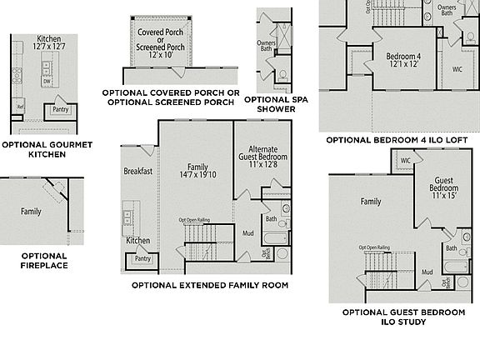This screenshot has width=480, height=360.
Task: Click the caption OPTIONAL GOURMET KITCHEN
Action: [x=47, y=149]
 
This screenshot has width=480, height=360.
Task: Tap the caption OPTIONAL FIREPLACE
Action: [x=45, y=261]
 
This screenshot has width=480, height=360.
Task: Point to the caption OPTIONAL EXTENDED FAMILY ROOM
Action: [x=210, y=285]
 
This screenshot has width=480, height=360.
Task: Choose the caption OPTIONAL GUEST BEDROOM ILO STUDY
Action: [x=403, y=317]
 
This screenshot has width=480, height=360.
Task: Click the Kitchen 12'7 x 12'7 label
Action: [x=49, y=43]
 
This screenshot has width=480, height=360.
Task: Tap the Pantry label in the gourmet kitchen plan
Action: [x=60, y=109]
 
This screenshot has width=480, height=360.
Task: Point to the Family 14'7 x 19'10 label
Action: [x=197, y=170]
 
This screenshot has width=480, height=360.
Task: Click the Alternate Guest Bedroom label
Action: [x=263, y=159]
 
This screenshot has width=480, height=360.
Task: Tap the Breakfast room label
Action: [x=137, y=172]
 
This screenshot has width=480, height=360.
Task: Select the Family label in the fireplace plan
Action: [x=31, y=212]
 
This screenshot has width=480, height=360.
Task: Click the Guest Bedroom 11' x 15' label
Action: [x=444, y=188]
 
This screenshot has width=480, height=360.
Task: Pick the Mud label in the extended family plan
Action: [x=248, y=234]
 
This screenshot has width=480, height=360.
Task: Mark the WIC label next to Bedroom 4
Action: [x=457, y=68]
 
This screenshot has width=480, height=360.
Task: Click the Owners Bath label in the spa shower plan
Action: [x=266, y=46]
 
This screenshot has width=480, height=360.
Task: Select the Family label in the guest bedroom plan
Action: [x=371, y=202]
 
